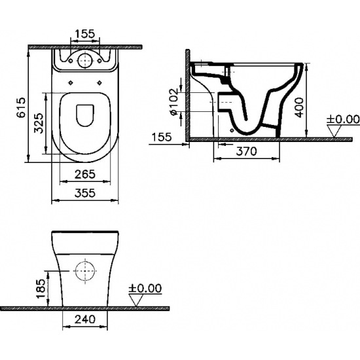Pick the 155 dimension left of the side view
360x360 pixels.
[x=161, y=136]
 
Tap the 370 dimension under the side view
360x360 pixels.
[x=245, y=151]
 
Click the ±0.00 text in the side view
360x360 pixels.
[x=344, y=119]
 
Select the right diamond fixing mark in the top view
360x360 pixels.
[x=99, y=82]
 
